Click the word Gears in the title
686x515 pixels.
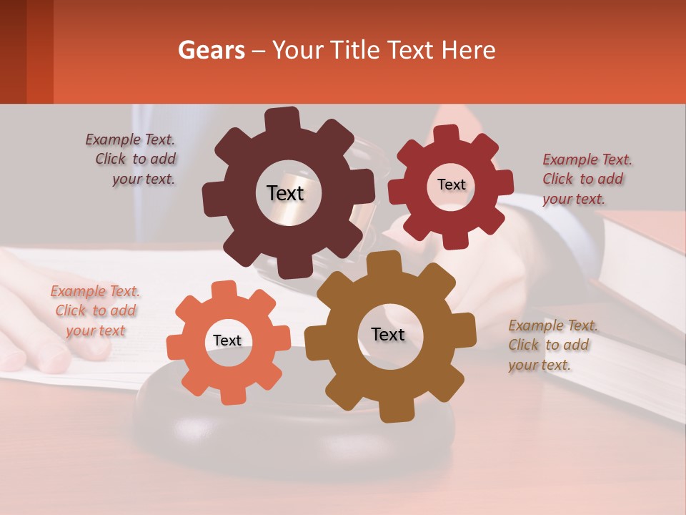click(211, 50)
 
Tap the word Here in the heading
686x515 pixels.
click(469, 50)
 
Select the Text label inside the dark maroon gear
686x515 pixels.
click(285, 193)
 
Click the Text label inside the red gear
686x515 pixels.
click(451, 185)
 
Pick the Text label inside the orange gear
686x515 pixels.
click(227, 340)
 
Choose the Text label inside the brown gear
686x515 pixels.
click(388, 334)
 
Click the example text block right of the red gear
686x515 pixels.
click(586, 179)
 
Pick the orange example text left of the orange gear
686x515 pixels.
click(95, 310)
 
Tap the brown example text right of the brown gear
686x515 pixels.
click(552, 345)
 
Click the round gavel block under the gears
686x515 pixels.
click(293, 429)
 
